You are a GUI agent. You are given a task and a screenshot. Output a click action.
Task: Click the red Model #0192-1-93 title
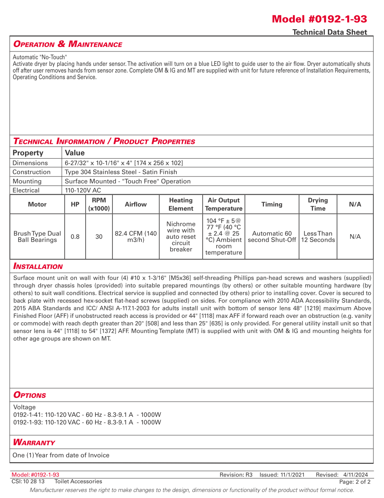pos(319,19)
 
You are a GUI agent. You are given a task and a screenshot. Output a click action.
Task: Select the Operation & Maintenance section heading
pos(68,44)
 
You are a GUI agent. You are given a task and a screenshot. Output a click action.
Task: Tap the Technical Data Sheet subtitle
pos(329,32)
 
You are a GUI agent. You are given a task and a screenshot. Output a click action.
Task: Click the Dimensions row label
pos(30,163)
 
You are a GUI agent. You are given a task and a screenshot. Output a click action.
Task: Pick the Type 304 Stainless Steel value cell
pos(121,172)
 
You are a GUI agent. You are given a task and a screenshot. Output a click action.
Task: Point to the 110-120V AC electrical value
pos(83,190)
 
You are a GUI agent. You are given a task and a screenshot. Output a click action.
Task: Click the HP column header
pos(75,204)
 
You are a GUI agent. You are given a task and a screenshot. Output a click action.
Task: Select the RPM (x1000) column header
pos(99,204)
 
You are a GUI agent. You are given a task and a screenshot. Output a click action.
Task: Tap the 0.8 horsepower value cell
pos(75,237)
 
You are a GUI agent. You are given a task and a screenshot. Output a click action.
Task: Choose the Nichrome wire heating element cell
pos(181,237)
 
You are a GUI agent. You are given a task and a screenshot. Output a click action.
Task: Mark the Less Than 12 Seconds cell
pos(318,237)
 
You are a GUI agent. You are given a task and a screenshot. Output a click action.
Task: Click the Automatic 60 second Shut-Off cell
pos(272,237)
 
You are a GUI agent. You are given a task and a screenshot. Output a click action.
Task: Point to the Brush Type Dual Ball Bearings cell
pos(37,237)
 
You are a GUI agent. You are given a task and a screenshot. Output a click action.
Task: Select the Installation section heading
pos(38,266)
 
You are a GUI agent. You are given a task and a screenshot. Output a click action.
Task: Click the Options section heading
pos(30,395)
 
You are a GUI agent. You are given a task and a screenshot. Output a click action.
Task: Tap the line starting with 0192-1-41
pos(87,415)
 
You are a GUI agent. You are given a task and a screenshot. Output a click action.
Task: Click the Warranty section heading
pos(34,442)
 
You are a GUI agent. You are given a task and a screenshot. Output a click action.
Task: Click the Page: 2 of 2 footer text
pos(354,482)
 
